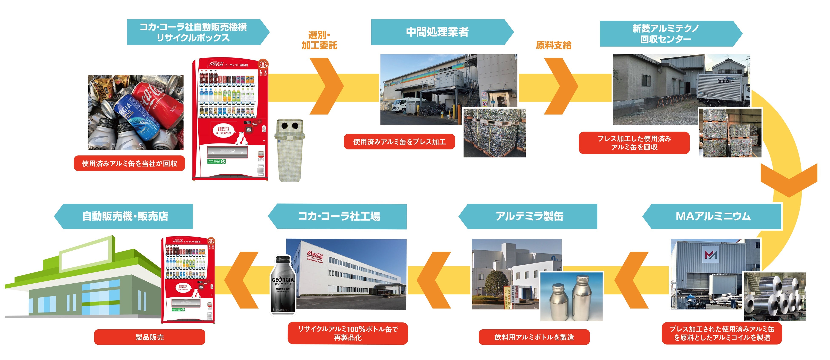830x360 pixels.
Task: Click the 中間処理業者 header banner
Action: pos(438,32)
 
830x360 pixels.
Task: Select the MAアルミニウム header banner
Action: pos(713,216)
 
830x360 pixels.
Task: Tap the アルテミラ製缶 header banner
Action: pos(529,216)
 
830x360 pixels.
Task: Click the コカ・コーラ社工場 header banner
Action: pos(338,216)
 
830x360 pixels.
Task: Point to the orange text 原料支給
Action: pos(554,45)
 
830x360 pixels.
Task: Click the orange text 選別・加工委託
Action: pos(319,40)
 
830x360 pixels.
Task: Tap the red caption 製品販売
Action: pos(149,337)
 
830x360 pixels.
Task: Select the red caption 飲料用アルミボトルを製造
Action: pos(534,337)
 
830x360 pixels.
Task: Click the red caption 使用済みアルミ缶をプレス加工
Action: pos(399,142)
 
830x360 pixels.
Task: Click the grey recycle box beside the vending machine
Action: pos(289,150)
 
